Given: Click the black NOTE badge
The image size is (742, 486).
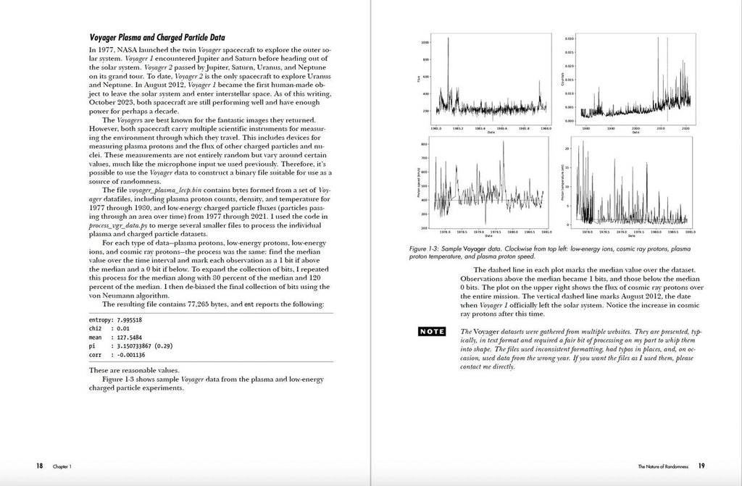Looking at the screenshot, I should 433,332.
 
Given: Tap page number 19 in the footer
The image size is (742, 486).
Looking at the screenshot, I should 701,466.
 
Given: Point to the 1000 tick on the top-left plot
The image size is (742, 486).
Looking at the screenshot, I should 424,43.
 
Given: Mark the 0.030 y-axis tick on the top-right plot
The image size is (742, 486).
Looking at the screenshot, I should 570,38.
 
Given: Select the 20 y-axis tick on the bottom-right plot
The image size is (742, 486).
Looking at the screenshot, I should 569,148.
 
